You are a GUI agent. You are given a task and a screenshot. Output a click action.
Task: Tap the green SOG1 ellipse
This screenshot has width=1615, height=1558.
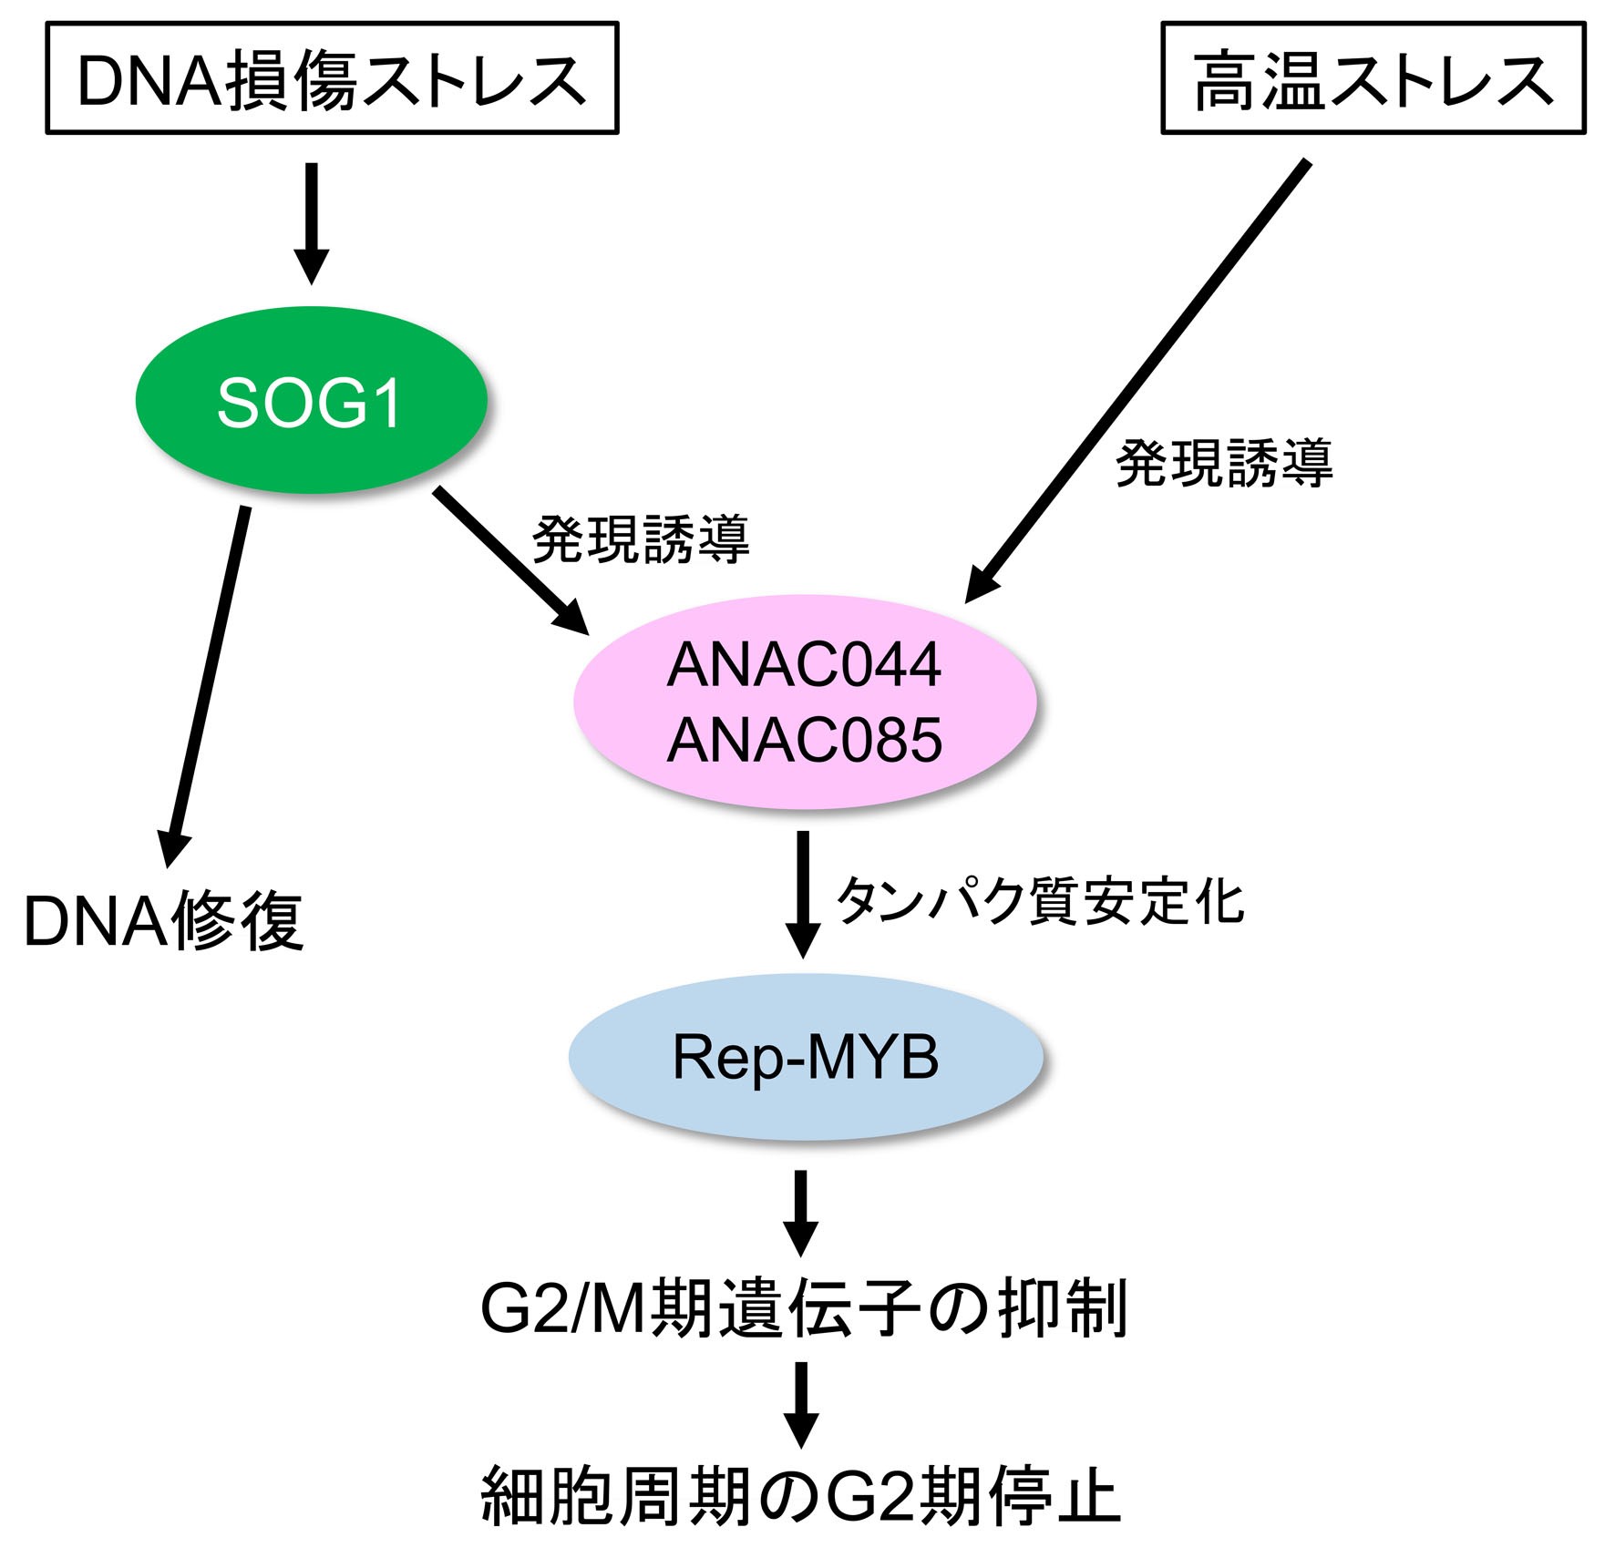(311, 400)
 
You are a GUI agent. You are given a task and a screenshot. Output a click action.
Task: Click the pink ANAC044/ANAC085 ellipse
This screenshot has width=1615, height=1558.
(805, 702)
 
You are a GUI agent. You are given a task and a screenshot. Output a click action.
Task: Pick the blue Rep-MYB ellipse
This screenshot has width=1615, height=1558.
(806, 1057)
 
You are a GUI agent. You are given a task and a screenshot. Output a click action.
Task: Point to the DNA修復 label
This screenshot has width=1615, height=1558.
(164, 922)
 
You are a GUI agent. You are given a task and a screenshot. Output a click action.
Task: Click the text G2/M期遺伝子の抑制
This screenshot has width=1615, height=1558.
(805, 1308)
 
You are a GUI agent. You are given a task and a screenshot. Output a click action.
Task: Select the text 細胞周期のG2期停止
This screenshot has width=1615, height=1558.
(800, 1495)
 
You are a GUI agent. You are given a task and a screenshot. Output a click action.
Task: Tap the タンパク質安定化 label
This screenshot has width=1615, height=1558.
(1040, 901)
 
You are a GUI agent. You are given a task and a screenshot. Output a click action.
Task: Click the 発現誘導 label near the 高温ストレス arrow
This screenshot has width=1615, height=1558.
(1224, 463)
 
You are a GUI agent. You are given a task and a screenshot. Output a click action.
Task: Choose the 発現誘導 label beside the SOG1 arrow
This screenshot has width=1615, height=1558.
(641, 538)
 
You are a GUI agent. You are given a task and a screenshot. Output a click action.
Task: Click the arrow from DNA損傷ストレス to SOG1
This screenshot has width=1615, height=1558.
(311, 224)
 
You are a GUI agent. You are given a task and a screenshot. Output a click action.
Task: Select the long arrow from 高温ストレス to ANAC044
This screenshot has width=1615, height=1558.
(1137, 382)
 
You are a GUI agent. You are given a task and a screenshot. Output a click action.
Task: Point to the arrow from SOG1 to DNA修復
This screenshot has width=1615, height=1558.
(207, 687)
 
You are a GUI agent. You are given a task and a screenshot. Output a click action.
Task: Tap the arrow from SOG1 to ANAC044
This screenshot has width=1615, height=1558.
(511, 559)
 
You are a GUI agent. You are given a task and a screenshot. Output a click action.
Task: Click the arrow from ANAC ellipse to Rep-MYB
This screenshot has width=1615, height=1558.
(803, 894)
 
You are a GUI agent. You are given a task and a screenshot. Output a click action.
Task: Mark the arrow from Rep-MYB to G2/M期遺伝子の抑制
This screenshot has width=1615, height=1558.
(801, 1214)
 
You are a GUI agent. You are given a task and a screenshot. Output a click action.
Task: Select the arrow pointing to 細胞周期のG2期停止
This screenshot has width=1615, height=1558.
(801, 1405)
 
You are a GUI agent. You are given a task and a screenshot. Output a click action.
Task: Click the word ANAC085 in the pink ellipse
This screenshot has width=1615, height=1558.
(805, 740)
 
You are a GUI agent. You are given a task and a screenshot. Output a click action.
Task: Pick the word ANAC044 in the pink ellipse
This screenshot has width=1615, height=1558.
(805, 665)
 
